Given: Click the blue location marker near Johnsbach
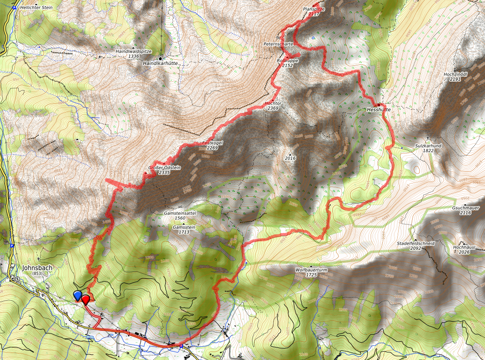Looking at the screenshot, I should coord(77,295).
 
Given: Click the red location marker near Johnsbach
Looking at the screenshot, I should coord(85,299).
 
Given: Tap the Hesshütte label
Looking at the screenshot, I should coord(378,110).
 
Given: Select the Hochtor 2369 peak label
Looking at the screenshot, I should coord(273,105).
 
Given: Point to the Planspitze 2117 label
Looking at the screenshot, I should coord(314,12).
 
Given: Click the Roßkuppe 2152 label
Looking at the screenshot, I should coord(288,63).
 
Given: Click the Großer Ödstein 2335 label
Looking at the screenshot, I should coord(164,170).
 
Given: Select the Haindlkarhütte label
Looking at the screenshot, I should coord(161,63).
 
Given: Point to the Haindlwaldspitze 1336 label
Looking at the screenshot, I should coord(134,53).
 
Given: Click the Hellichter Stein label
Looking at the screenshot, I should coord(36,8).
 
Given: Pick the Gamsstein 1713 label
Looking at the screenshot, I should coord(184,229).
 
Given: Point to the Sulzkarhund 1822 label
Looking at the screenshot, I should coord(428,148).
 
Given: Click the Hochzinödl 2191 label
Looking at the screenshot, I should coord(455,77).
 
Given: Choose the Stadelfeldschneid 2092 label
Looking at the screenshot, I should coord(416,246).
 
